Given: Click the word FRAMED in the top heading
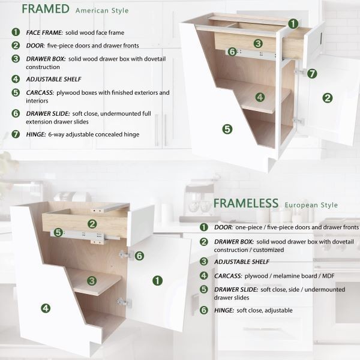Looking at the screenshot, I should pos(46,9).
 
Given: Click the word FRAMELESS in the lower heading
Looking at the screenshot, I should pos(245,203).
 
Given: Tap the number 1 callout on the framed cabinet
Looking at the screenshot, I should pos(292,24).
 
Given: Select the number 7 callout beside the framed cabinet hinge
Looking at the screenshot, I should pos(312,73).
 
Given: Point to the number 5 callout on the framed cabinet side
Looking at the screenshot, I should pos(227,128).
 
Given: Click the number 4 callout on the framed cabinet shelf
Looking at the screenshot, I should pos(259,97).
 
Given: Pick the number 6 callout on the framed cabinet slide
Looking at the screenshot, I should pos(232,52).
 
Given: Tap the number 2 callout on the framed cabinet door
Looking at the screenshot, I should pos(327,98).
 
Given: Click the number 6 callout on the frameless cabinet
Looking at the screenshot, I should pos(139,256).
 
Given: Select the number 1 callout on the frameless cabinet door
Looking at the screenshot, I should pos(157,280).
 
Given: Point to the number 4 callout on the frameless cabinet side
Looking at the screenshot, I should pos(45,308).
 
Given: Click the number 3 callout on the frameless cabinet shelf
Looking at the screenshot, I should pos(91,280).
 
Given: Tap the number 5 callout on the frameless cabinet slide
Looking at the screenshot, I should pos(58,232).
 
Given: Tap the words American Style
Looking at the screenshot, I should pos(102,11).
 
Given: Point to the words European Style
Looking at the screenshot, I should pos(311,205).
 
